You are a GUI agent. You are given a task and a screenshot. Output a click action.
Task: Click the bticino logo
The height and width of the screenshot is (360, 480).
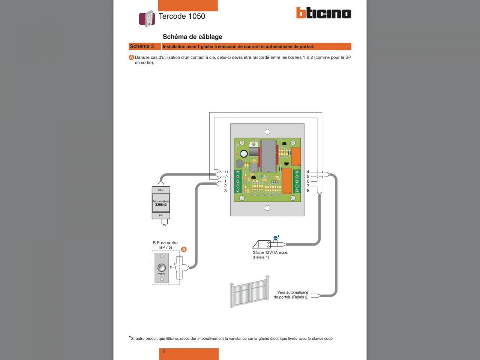324,13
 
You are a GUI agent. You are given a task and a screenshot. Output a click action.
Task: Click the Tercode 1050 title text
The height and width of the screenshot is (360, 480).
182,16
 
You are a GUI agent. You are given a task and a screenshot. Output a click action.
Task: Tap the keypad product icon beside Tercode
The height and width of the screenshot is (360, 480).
147,19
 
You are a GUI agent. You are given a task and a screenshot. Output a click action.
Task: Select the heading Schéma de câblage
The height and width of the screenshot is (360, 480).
192,37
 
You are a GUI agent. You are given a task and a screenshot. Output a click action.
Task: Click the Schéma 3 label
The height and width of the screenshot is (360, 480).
142,46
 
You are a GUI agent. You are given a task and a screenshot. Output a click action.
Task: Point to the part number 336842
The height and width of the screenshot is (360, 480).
161,205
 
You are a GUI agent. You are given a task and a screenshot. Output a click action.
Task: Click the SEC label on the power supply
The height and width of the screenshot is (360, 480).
161,190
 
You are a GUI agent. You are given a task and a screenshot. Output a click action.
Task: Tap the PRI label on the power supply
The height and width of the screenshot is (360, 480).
161,216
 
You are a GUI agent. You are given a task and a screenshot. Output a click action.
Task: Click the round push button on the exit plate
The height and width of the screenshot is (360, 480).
162,268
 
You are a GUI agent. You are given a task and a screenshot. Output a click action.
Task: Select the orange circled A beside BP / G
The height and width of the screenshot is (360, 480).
184,249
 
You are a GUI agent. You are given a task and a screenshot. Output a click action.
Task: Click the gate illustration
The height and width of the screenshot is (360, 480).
250,292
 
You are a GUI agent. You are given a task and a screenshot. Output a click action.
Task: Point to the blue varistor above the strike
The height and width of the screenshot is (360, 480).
276,238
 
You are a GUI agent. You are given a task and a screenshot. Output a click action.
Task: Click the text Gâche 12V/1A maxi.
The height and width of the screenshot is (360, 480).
270,252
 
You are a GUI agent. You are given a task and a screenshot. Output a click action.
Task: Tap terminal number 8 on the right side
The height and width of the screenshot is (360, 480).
308,191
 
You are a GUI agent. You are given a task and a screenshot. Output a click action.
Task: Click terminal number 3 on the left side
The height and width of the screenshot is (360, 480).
225,191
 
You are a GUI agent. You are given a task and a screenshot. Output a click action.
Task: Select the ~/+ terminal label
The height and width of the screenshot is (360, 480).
225,172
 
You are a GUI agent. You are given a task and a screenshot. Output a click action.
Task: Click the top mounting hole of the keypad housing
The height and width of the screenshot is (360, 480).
267,132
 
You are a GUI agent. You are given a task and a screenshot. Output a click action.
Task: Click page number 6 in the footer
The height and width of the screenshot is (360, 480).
164,351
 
